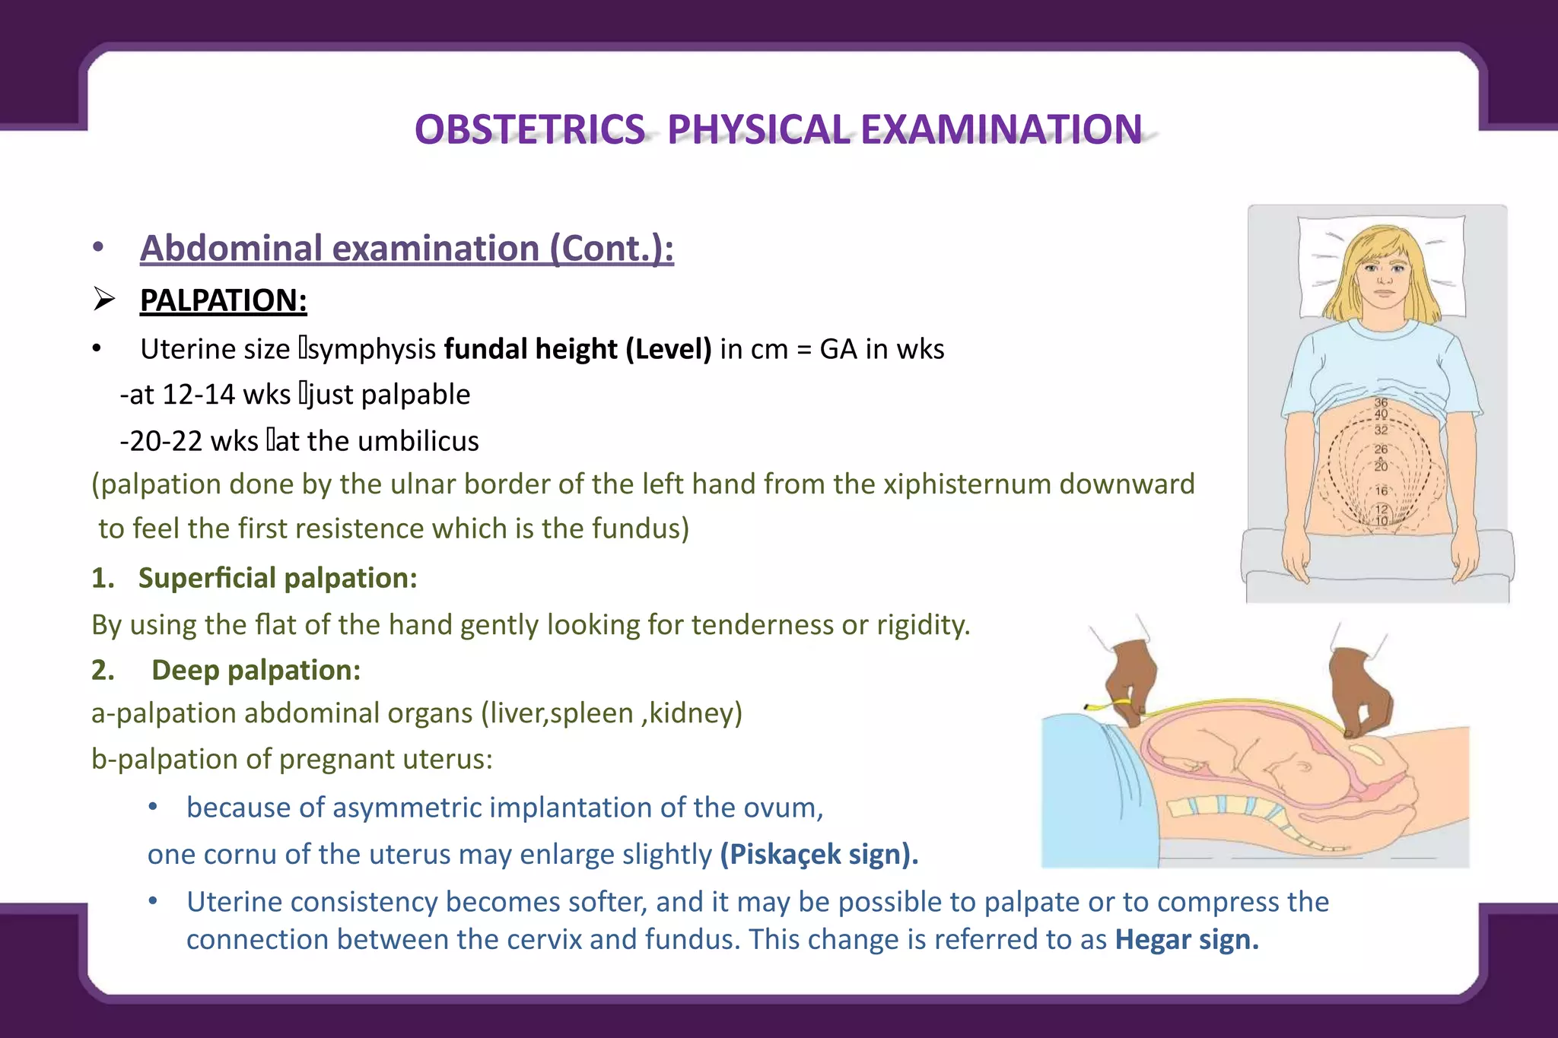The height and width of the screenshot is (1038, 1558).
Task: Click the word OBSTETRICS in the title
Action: click(x=529, y=129)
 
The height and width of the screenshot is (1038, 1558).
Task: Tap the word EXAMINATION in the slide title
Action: click(x=1001, y=129)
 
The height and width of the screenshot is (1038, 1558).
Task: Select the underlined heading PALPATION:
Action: click(x=223, y=300)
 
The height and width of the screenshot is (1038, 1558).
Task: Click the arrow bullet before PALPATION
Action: click(x=104, y=300)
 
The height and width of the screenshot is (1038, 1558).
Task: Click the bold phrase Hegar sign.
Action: click(x=1186, y=940)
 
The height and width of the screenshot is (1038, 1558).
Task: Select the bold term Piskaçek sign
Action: click(x=819, y=855)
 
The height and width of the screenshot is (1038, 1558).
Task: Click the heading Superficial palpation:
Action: click(x=278, y=578)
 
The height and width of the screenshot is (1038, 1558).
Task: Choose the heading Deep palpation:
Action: click(x=256, y=670)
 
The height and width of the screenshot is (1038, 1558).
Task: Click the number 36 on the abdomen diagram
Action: click(x=1381, y=402)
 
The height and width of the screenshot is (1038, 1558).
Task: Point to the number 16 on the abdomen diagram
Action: click(x=1382, y=491)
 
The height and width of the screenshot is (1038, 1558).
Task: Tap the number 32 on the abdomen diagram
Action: click(x=1382, y=430)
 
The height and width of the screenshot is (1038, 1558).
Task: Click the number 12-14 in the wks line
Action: click(x=199, y=395)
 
